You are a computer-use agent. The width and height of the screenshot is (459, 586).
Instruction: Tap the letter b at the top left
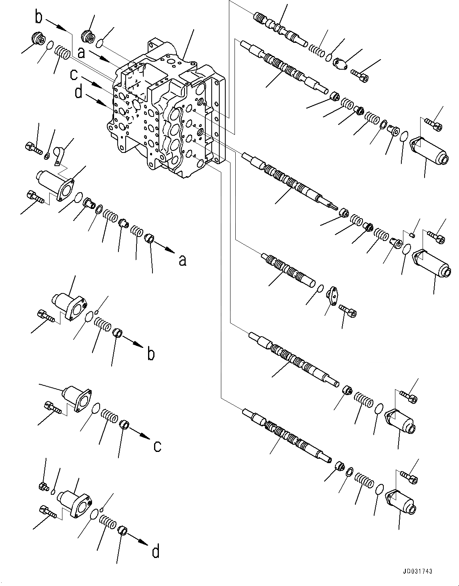point(39,17)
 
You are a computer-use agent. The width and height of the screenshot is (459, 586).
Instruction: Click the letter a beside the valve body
point(81,52)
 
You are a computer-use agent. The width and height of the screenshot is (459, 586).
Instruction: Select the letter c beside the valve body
point(74,75)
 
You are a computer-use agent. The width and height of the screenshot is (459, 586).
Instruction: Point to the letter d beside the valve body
point(78,93)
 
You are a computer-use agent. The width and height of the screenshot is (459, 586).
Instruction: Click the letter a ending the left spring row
point(182,261)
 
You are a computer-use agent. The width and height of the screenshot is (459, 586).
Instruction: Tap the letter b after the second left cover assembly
point(151,354)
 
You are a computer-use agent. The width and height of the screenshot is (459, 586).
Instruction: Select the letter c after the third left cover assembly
point(157,446)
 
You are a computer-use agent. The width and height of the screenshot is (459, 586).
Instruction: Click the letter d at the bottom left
point(156,552)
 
